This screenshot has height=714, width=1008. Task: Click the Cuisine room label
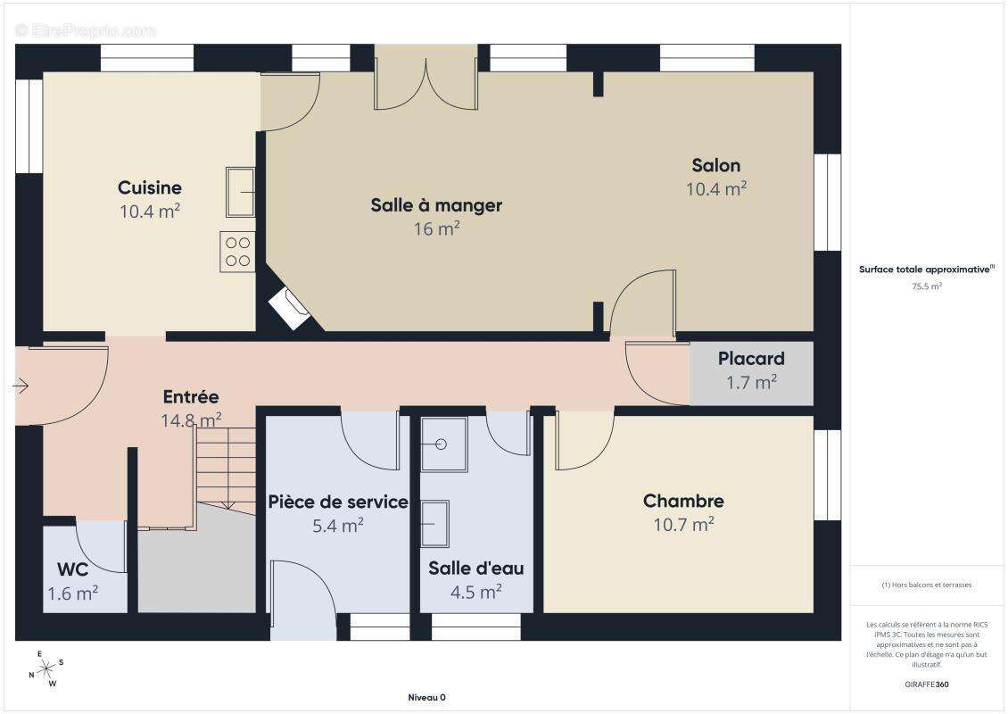click(150, 187)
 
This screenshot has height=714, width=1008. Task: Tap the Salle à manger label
click(436, 206)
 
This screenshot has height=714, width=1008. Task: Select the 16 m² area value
click(436, 229)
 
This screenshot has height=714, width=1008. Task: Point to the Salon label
click(716, 165)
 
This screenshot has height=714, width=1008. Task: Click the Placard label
click(751, 358)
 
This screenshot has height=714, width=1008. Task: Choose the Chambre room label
click(683, 501)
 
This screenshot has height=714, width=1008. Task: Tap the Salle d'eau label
click(475, 569)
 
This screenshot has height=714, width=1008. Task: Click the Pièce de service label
click(338, 502)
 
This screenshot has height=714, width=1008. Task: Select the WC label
click(72, 570)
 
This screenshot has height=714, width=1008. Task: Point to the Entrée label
click(191, 397)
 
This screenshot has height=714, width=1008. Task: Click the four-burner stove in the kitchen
click(238, 252)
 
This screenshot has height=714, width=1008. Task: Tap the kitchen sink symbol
click(241, 192)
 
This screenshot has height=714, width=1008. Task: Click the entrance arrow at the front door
click(21, 386)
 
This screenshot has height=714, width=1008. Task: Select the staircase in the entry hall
click(226, 469)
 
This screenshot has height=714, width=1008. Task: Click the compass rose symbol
click(46, 669)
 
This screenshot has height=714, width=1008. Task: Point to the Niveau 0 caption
click(427, 697)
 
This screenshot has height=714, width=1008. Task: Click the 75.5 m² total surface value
click(926, 286)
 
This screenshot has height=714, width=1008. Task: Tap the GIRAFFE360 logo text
click(926, 685)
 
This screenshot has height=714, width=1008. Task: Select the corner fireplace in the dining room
click(290, 309)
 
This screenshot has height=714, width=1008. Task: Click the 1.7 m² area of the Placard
click(751, 382)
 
